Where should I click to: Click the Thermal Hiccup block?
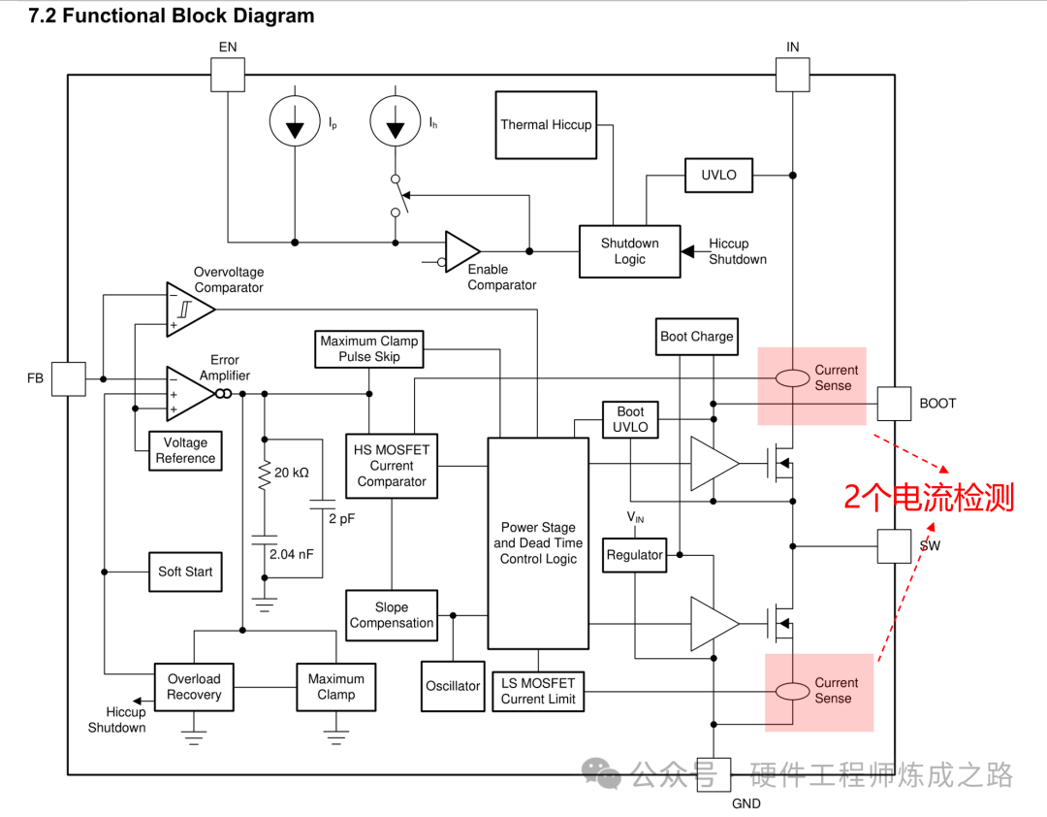[546, 125]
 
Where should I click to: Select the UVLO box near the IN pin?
[718, 176]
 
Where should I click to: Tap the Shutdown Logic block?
[629, 251]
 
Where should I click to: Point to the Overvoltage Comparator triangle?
[188, 310]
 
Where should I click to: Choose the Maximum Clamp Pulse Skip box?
[368, 349]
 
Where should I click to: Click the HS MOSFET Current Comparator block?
[392, 466]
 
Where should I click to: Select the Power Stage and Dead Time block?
[538, 543]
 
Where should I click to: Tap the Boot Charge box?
[696, 337]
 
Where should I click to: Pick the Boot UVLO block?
[630, 419]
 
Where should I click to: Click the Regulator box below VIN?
[634, 555]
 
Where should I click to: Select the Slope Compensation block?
[392, 615]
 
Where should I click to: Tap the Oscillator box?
[453, 686]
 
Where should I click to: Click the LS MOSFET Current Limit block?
[538, 691]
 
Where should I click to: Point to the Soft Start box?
[185, 572]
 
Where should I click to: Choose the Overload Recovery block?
[194, 687]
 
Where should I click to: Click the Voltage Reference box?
[185, 450]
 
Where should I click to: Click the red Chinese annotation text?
[928, 498]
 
